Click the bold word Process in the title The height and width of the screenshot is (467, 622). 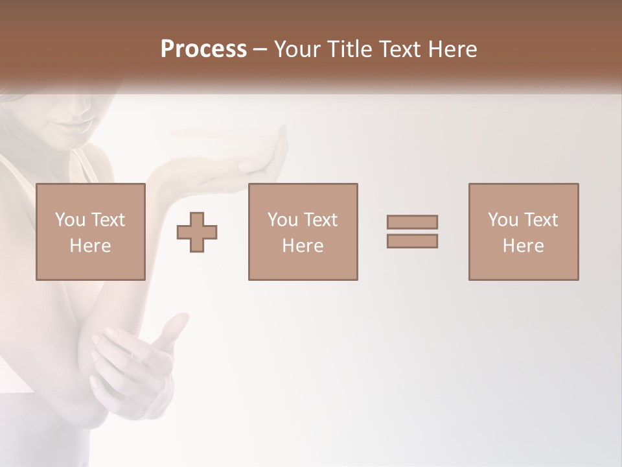point(203,49)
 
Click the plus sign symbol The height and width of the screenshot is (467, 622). point(197,232)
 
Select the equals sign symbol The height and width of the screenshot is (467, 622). point(412,232)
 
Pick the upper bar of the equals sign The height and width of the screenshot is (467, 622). point(412,222)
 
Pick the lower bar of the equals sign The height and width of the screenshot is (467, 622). point(412,241)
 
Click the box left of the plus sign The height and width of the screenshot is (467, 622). point(90,232)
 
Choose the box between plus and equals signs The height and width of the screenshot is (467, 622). point(303,232)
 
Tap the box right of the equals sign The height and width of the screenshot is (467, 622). point(524,232)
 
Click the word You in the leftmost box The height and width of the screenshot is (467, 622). point(69,220)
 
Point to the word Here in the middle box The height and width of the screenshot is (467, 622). point(303,246)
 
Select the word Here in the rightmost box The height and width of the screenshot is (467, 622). point(524,246)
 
